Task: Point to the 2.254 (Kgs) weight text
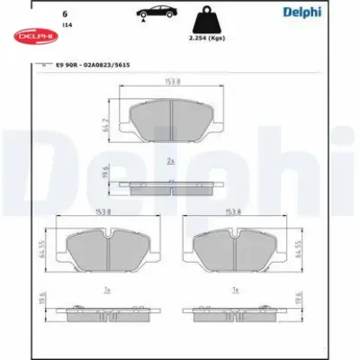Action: (206, 41)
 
